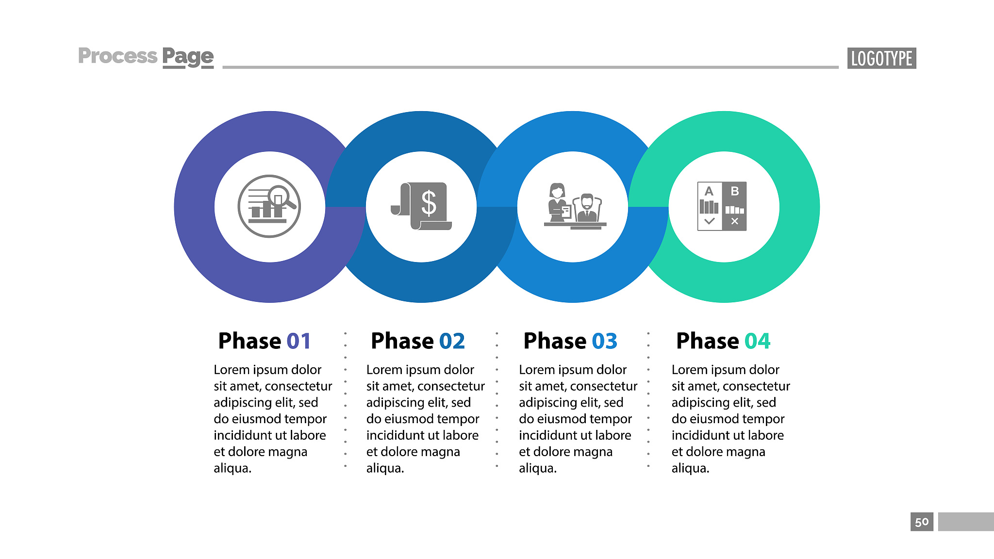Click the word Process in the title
point(118,56)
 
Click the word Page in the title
point(188,57)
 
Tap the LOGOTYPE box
point(881,58)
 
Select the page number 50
point(922,522)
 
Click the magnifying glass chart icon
point(269,206)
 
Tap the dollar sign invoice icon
point(421,206)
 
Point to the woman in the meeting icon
point(558,203)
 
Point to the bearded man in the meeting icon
point(587,209)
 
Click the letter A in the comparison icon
point(709,191)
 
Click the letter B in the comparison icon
point(735,191)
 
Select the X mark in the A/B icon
point(735,221)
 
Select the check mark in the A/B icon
point(709,221)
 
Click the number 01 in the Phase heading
point(298,341)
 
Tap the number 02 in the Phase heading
point(452,341)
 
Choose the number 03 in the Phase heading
point(605,341)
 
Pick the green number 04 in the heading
point(758,341)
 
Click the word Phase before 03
point(555,341)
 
